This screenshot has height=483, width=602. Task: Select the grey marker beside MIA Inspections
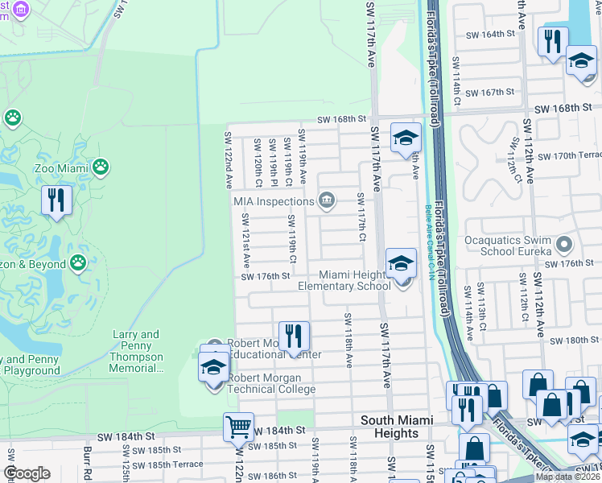click(x=326, y=200)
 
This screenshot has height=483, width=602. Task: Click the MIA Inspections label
click(x=273, y=201)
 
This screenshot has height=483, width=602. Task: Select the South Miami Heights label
click(x=396, y=427)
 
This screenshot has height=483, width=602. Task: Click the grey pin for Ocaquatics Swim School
click(x=563, y=243)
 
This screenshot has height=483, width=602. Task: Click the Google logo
click(x=27, y=473)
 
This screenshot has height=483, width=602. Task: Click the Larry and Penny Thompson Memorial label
click(x=136, y=352)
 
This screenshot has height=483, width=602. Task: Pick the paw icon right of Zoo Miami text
click(x=101, y=167)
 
